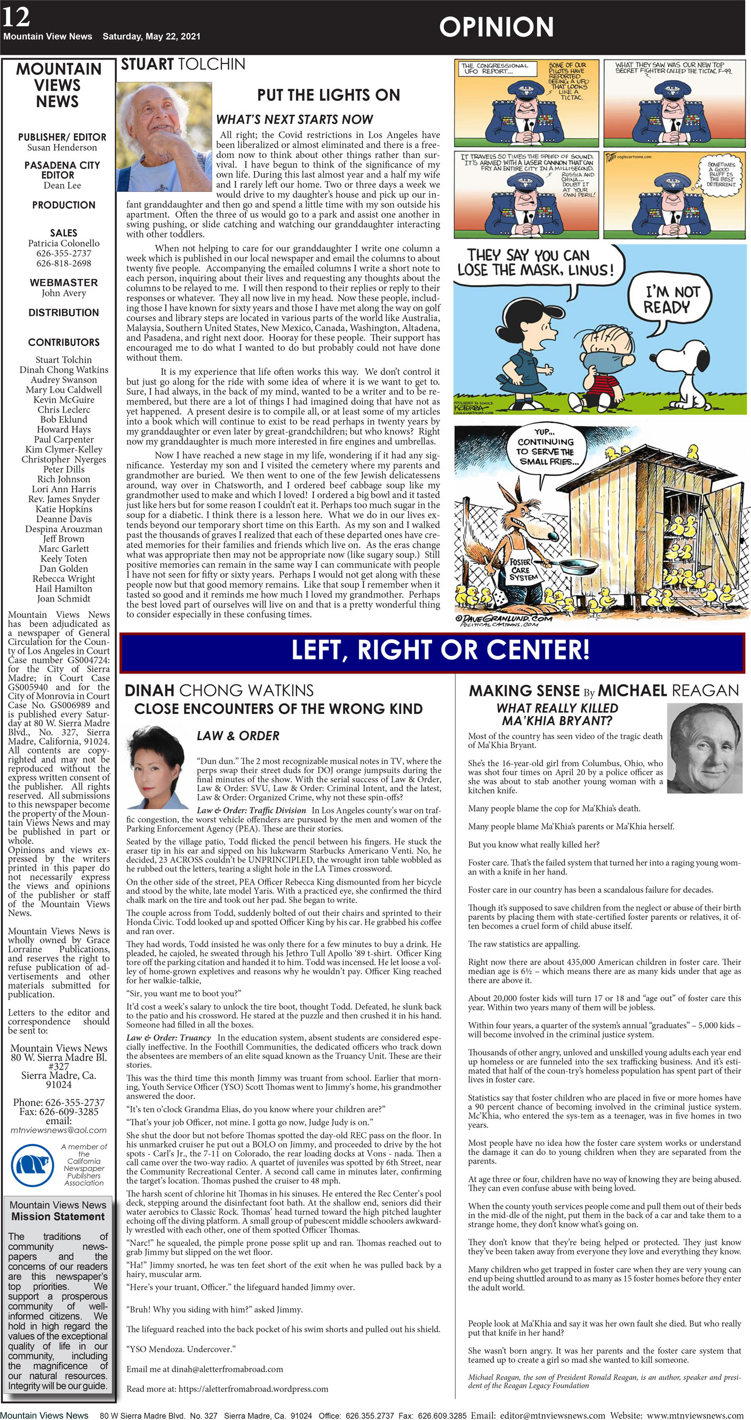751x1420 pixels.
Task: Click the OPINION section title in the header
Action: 496,27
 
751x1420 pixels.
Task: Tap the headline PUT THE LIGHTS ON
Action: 328,95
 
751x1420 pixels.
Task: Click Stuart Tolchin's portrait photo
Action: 164,136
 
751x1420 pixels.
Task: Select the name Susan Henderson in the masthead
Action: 62,148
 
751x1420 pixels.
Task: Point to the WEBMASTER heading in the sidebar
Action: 63,282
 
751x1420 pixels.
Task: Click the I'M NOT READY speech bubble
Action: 672,300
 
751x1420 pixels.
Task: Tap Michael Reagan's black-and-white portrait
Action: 704,749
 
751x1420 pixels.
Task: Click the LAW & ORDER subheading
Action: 238,735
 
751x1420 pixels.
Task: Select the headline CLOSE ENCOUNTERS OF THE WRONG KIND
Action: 278,709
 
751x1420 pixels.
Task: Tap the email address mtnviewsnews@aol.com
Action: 59,1129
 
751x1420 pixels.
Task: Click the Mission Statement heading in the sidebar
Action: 58,1216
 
